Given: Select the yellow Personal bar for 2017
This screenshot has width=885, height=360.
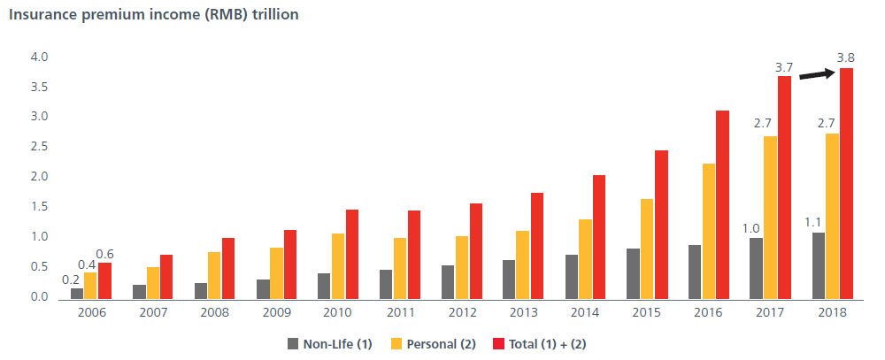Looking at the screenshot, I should pyautogui.click(x=770, y=218).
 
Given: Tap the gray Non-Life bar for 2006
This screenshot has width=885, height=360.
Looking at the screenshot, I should pyautogui.click(x=77, y=293).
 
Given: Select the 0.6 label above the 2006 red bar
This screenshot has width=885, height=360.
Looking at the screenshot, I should pyautogui.click(x=105, y=254).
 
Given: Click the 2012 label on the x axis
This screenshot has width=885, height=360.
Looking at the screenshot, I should pyautogui.click(x=462, y=313).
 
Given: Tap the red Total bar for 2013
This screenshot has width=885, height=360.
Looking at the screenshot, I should pyautogui.click(x=537, y=247).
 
